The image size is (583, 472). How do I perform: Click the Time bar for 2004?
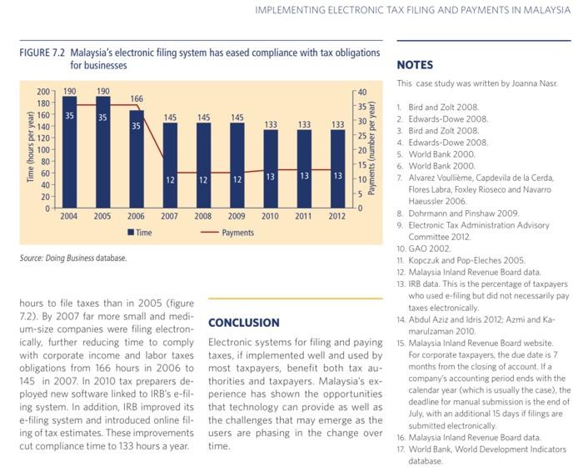69,152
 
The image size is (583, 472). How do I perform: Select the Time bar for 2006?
137,159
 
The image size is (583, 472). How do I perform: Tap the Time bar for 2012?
337,168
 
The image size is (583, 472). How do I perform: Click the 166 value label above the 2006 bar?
137,98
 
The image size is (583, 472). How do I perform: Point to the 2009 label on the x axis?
237,216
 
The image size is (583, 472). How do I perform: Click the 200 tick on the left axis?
43,92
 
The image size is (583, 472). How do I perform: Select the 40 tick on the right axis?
362,92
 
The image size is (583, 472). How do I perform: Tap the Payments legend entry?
227,233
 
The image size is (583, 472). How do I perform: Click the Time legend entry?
140,233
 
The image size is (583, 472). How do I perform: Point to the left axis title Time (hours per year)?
31,147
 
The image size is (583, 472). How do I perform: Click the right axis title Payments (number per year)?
371,148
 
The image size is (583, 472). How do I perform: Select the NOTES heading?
415,65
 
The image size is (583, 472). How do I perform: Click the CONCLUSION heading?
244,323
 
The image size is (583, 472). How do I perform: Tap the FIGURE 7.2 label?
42,53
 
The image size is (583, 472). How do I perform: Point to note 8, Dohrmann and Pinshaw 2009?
458,213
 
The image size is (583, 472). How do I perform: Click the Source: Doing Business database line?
73,258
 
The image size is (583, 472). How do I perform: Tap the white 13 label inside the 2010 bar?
271,177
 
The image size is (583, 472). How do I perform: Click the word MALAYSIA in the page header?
546,10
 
